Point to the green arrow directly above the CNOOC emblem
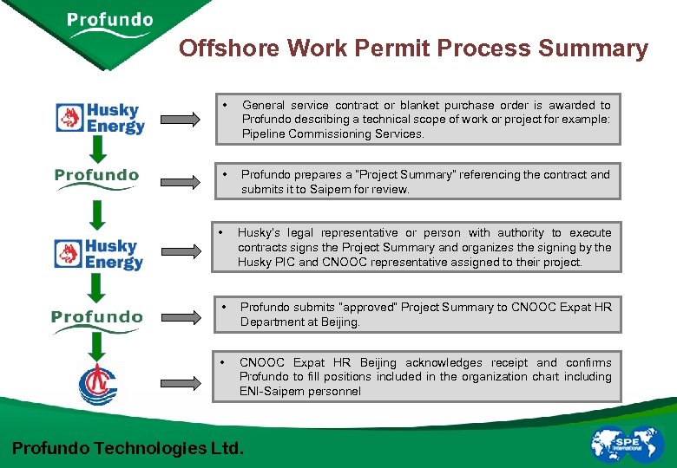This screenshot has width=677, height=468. (97, 347)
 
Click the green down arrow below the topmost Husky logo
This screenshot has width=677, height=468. (97, 149)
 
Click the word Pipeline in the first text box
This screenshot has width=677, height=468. (264, 133)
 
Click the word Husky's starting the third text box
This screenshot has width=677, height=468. (260, 232)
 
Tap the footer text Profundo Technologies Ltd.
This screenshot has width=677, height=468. (128, 448)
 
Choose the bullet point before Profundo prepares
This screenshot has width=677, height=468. (224, 174)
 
